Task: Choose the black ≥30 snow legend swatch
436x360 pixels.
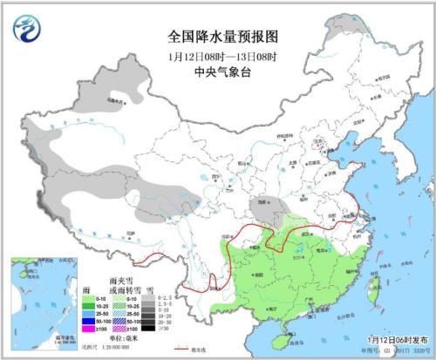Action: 151,329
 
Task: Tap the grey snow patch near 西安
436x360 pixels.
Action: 262,208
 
